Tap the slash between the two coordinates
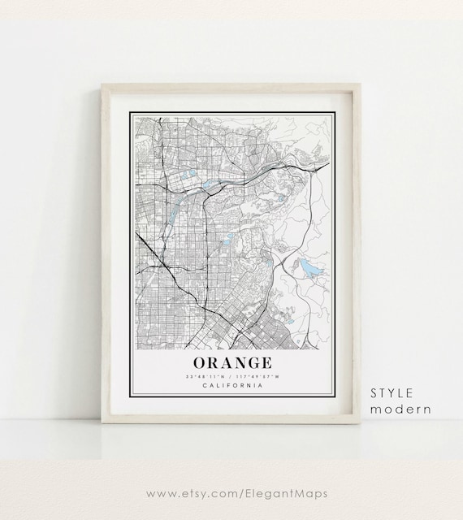[231, 376]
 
